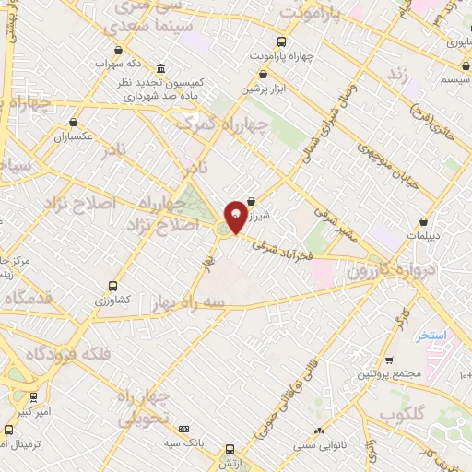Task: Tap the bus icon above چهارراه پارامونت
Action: click(x=282, y=41)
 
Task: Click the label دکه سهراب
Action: click(x=120, y=65)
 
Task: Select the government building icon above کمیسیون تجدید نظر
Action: click(x=161, y=69)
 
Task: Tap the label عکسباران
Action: click(x=74, y=136)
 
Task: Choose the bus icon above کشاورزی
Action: click(x=112, y=286)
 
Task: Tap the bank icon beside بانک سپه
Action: click(x=183, y=429)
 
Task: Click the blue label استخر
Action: click(x=431, y=336)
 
